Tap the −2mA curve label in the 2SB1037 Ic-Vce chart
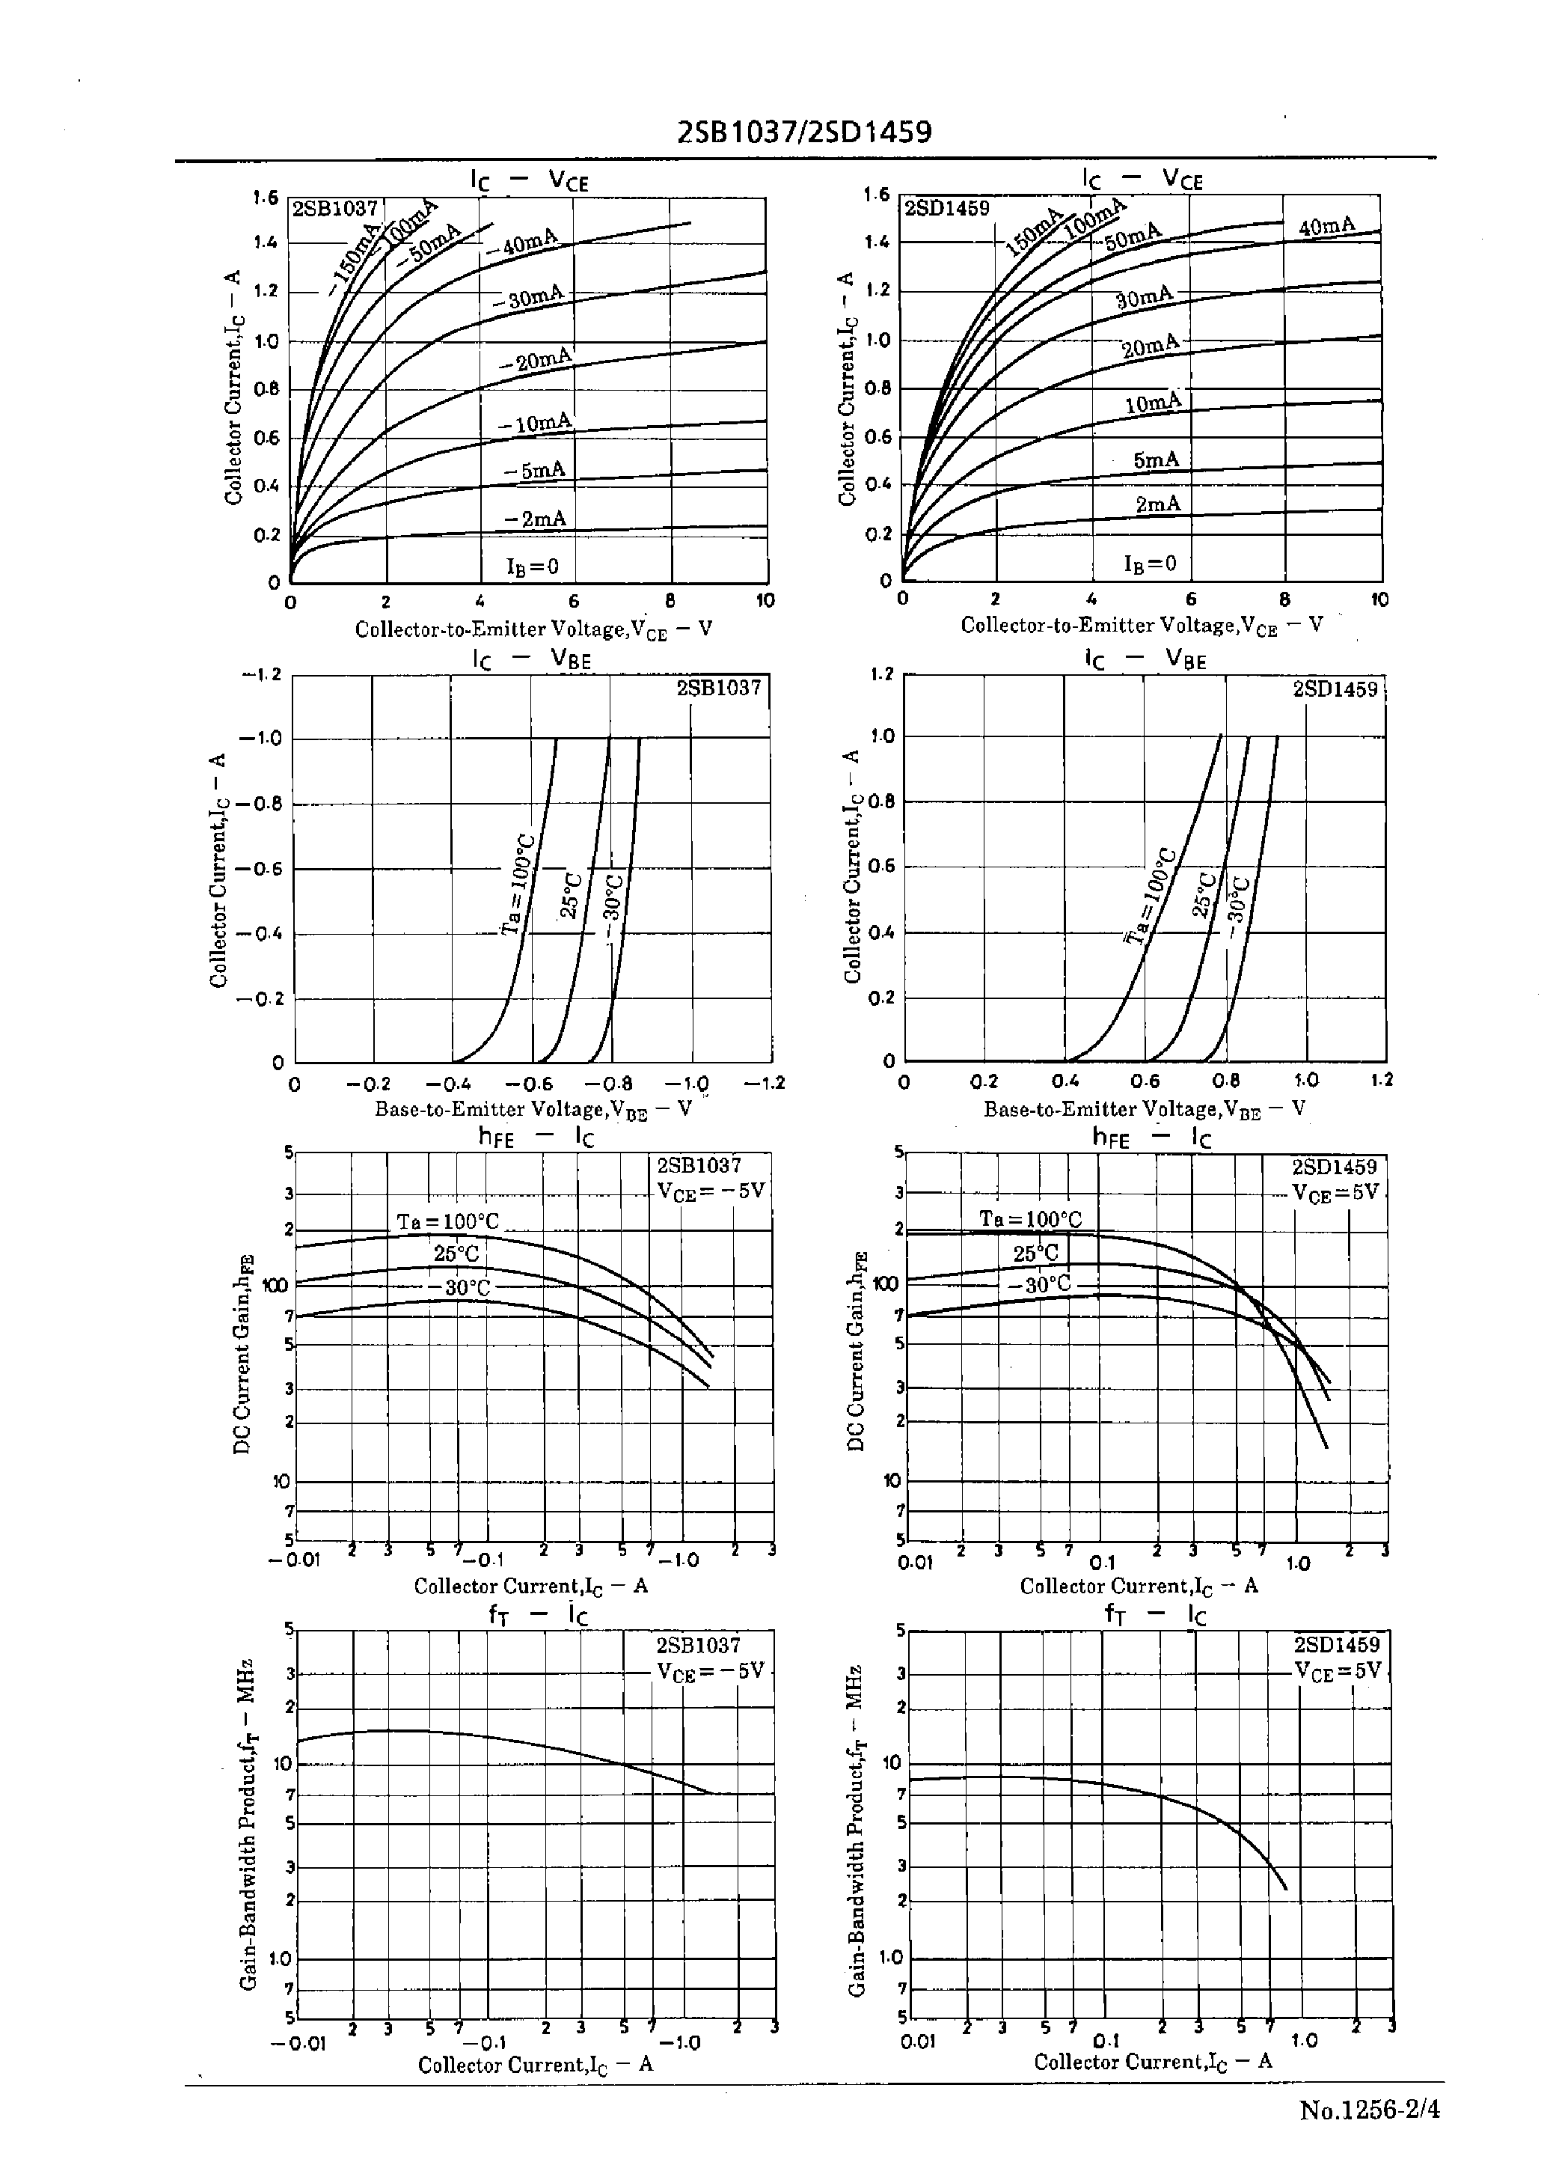[x=536, y=519]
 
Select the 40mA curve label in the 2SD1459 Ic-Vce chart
[x=1327, y=226]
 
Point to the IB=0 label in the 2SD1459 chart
[x=1150, y=564]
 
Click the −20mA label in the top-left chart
[x=536, y=360]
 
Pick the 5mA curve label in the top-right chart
[x=1156, y=460]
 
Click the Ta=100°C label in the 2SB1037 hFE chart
[x=447, y=1222]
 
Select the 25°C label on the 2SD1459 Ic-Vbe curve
[x=1204, y=893]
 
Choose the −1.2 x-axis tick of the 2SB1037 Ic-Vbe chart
[x=765, y=1083]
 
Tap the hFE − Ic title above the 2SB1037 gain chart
[x=536, y=1138]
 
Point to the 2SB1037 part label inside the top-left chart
[x=334, y=209]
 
